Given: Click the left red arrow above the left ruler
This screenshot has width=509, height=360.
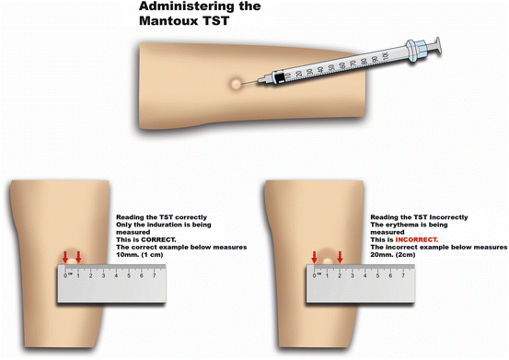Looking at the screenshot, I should point(65,256).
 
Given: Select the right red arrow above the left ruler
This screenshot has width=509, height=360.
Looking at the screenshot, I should point(78,256).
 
